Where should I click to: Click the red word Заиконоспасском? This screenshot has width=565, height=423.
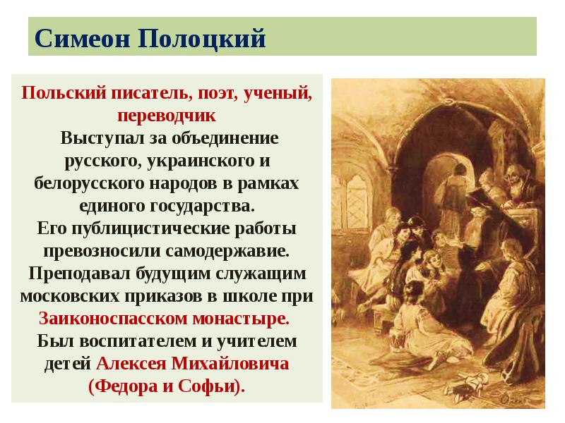109,318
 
